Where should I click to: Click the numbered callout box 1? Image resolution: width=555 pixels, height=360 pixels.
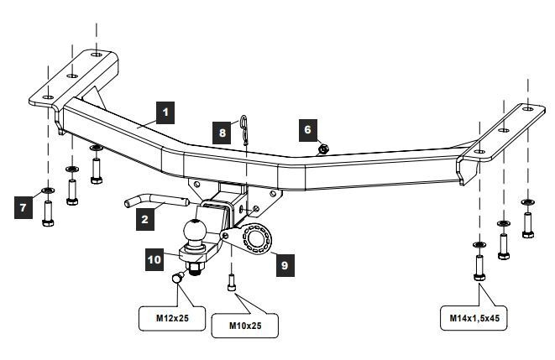tap(165, 112)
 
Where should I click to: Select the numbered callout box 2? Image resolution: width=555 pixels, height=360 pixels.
tap(145, 219)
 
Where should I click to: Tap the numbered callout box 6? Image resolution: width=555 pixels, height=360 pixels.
tap(308, 130)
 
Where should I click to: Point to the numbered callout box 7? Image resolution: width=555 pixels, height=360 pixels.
tap(24, 207)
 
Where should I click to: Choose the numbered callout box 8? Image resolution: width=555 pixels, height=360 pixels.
tap(222, 133)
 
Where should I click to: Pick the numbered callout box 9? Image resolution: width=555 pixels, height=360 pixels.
tap(285, 265)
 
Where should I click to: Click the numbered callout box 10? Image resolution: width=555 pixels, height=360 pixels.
tap(154, 259)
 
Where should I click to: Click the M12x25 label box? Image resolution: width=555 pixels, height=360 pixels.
tap(172, 318)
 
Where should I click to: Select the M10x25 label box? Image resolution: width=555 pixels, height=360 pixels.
tap(245, 326)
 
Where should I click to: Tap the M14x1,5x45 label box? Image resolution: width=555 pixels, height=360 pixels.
tap(474, 318)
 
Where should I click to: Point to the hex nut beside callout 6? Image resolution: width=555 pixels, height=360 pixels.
tap(323, 149)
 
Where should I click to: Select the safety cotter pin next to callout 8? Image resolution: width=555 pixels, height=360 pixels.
tap(244, 130)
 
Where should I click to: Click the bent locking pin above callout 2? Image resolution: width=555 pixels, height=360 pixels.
tap(155, 201)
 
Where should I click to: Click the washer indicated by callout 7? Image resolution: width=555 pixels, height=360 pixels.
tap(48, 191)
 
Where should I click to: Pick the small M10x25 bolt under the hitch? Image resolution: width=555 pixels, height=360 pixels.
tap(232, 283)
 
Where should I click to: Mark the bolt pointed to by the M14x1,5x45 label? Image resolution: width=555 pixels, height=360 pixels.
tap(479, 268)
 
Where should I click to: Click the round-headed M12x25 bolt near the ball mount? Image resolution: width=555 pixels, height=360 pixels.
tap(178, 277)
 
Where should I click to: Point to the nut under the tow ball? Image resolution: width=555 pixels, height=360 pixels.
tap(194, 269)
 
